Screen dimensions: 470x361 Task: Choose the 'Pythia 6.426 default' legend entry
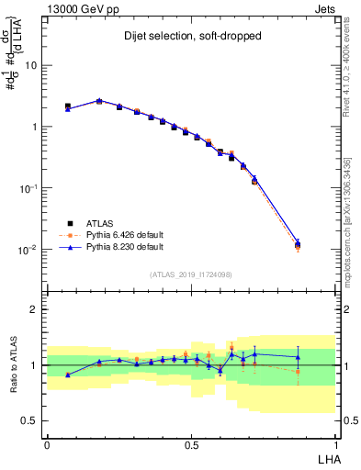(x=122, y=234)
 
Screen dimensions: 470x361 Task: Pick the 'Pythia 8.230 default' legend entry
(x=122, y=247)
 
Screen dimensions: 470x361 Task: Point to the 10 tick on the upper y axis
(x=31, y=65)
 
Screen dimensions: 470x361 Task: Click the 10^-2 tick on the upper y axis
(x=28, y=249)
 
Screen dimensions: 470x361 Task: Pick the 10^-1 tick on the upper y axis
(x=28, y=187)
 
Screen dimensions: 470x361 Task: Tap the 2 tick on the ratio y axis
(x=35, y=309)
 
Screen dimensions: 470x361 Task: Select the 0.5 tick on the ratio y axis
(x=30, y=420)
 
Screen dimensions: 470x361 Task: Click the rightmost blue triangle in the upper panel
(x=298, y=243)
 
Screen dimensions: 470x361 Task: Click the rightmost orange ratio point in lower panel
(x=298, y=371)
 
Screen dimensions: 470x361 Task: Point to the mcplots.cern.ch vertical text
(x=346, y=220)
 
